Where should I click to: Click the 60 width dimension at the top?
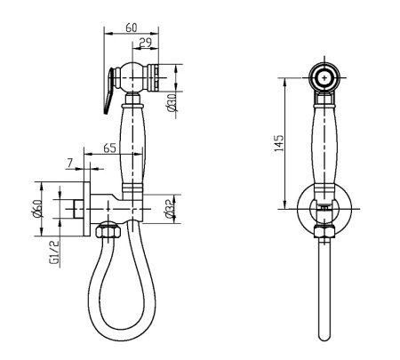(x=132, y=28)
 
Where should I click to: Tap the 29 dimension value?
(x=146, y=43)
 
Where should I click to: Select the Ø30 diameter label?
(x=172, y=101)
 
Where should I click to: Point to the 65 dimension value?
(x=109, y=148)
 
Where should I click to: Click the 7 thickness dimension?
(x=70, y=163)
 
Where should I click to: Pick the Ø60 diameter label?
(x=37, y=209)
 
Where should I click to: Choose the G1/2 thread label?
(x=55, y=252)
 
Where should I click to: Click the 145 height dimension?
(x=279, y=143)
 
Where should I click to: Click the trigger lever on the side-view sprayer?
(x=108, y=90)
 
